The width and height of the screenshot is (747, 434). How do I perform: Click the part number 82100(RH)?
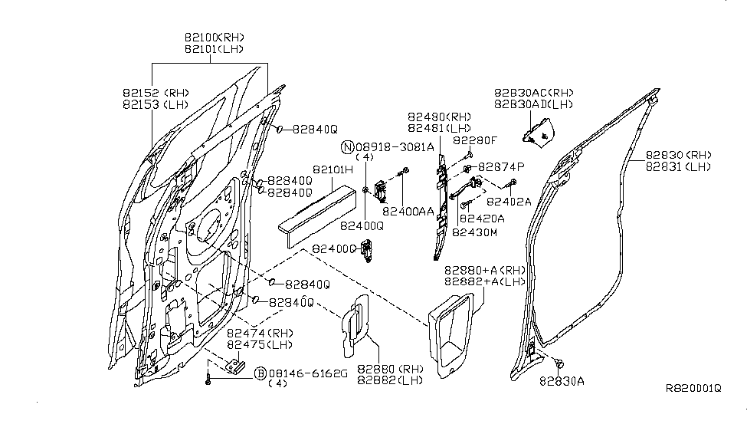(214, 36)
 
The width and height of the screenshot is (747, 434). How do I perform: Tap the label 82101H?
(332, 169)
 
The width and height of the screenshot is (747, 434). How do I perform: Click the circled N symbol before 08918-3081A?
(347, 146)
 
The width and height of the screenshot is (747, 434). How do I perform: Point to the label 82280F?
(474, 141)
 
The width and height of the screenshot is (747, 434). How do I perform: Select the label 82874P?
(501, 166)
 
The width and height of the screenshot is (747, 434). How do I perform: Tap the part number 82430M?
(474, 231)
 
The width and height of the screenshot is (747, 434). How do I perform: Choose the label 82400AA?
(408, 210)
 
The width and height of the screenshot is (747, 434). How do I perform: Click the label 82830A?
(562, 380)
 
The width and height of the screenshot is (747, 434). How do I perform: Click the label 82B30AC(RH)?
(533, 93)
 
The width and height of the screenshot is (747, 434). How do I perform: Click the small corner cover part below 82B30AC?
(539, 132)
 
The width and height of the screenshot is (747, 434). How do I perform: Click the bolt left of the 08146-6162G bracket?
(208, 378)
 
